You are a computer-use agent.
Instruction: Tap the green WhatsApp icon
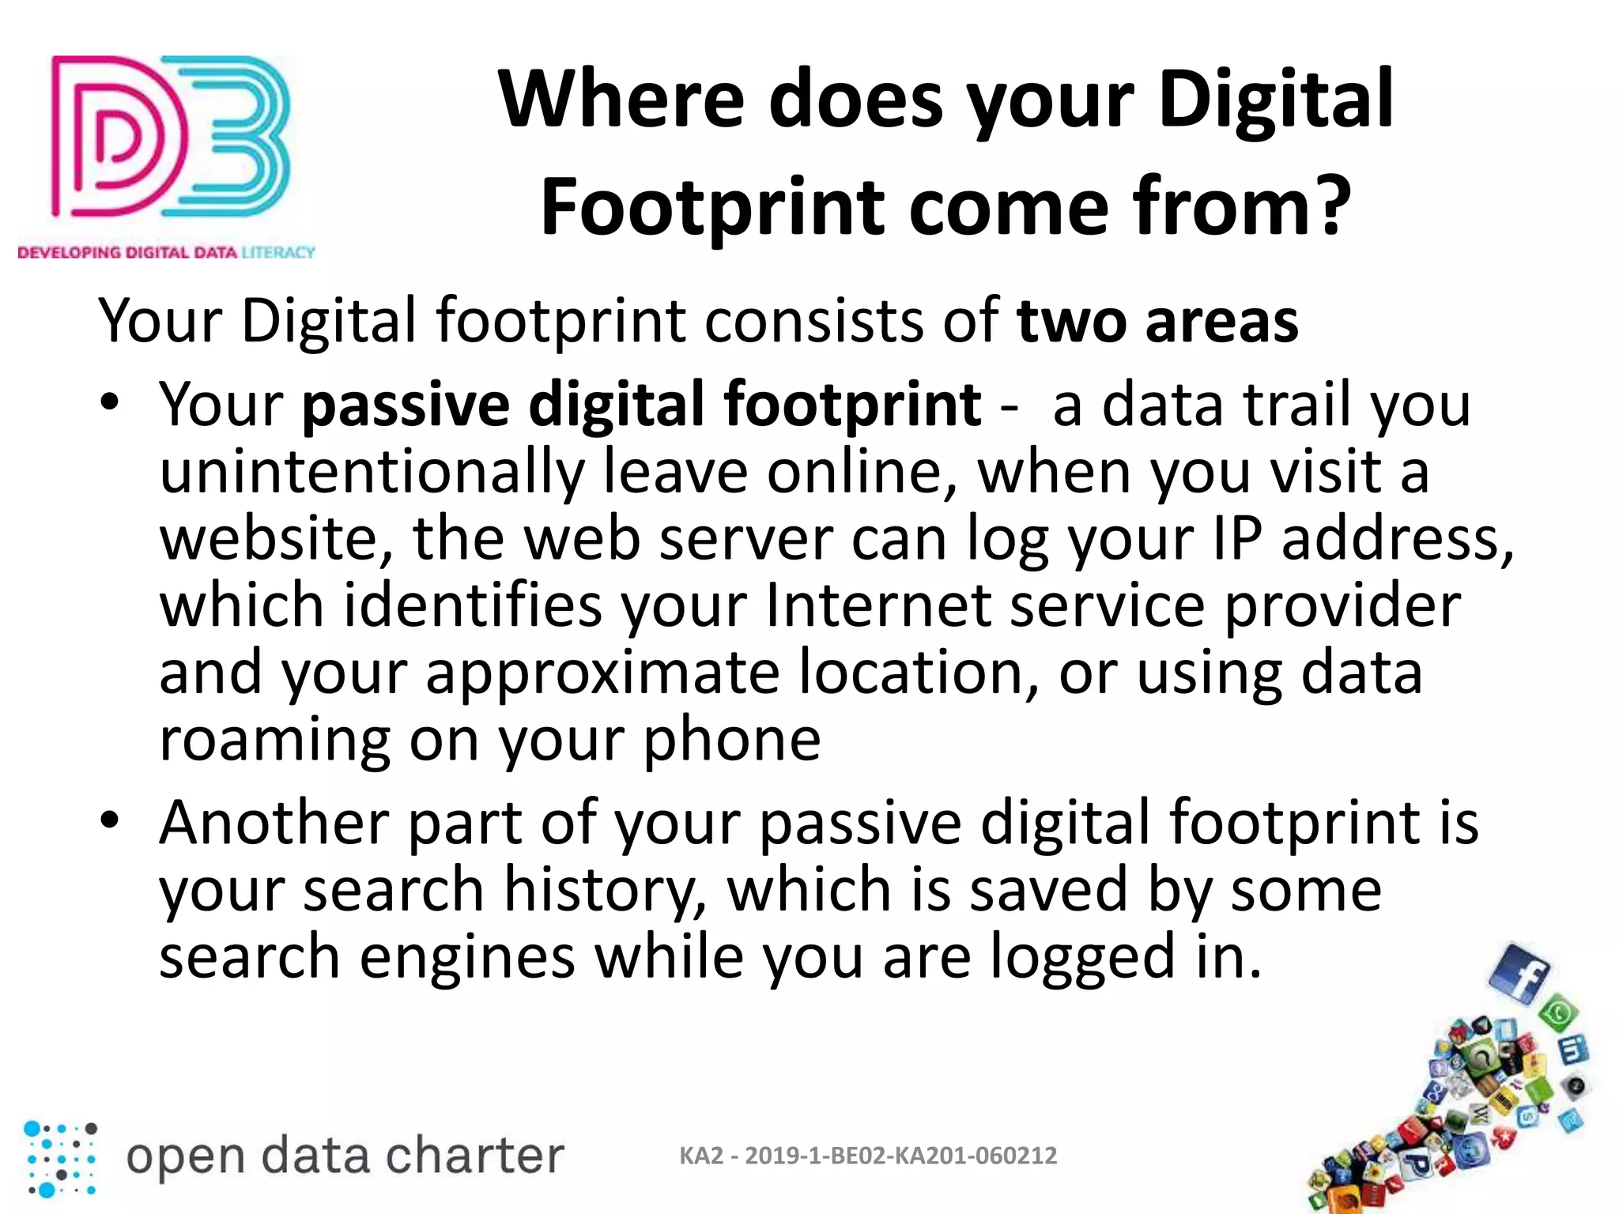1559,1015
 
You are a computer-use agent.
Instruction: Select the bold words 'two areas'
1157,322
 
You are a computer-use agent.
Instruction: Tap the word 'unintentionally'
372,473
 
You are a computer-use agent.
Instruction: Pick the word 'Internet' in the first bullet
878,606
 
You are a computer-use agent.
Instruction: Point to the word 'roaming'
274,741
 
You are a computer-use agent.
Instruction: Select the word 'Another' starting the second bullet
274,824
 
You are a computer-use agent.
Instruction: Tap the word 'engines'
467,958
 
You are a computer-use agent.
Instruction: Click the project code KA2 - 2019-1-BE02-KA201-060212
868,1156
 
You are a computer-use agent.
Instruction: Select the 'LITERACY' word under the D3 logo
277,252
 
